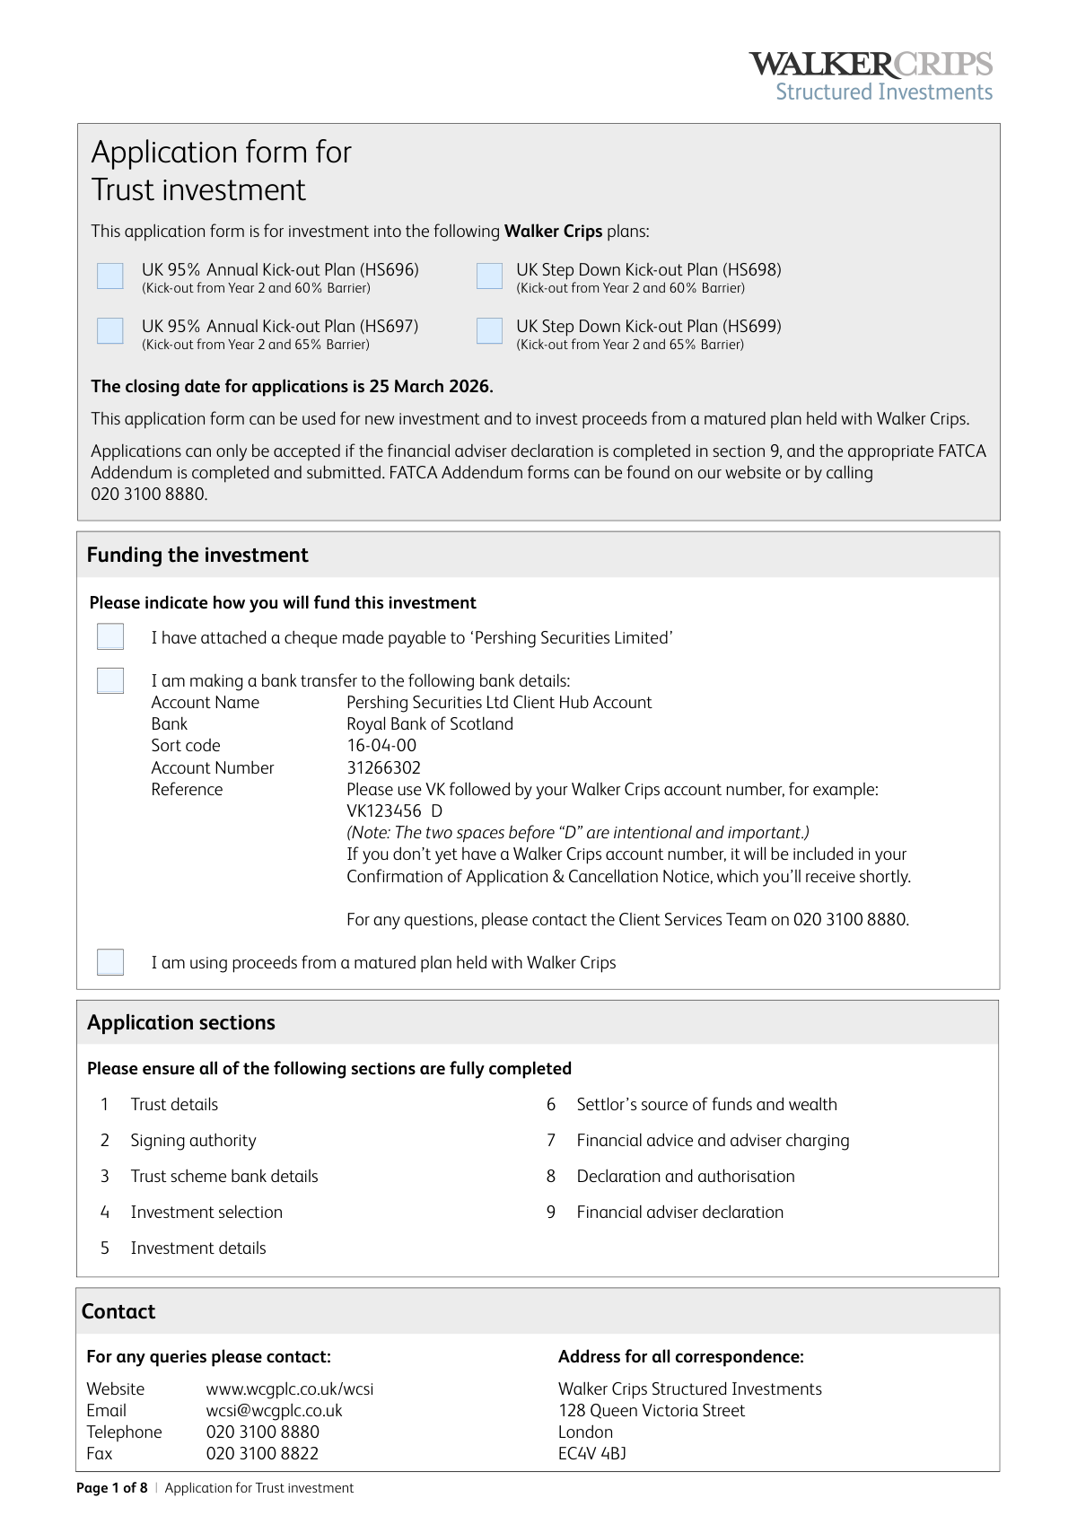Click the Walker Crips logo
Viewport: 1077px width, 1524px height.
[871, 76]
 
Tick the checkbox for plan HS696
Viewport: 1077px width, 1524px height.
[110, 276]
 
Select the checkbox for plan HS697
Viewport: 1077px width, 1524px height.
[110, 331]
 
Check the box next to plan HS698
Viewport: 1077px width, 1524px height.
[489, 276]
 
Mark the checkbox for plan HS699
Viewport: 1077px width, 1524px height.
[489, 331]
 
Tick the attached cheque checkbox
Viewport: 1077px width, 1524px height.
[110, 637]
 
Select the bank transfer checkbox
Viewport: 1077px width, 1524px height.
[110, 681]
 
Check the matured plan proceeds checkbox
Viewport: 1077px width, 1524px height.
[110, 962]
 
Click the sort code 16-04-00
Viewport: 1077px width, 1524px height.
[381, 746]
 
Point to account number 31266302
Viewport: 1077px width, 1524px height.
[383, 768]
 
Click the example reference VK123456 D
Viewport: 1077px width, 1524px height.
[394, 811]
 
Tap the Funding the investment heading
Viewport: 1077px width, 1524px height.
[197, 556]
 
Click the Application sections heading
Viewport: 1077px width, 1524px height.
[181, 1023]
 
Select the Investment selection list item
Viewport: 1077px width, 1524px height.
[206, 1213]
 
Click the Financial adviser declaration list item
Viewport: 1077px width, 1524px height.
[679, 1213]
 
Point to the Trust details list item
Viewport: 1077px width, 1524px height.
[174, 1105]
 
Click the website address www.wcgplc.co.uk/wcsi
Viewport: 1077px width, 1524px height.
[290, 1389]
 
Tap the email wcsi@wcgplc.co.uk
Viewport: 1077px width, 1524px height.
[274, 1411]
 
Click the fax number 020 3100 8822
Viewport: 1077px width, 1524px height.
[262, 1454]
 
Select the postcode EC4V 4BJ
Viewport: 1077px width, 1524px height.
[592, 1454]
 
